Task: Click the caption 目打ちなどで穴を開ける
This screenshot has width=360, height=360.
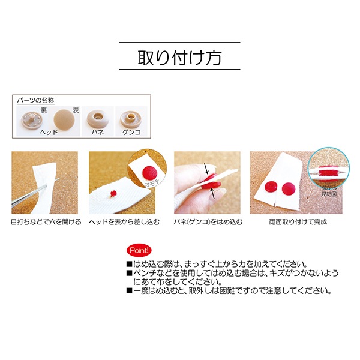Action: tap(45, 222)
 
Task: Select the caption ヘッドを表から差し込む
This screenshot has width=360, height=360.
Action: tap(124, 222)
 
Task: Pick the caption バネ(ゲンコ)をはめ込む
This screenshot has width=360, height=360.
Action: tap(209, 222)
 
